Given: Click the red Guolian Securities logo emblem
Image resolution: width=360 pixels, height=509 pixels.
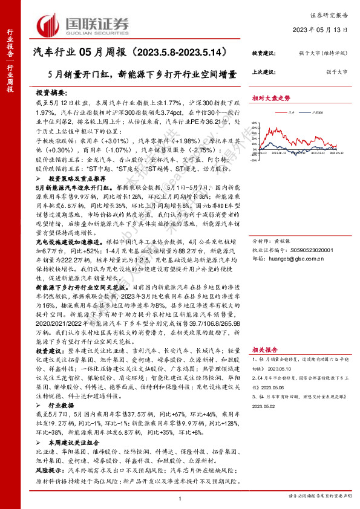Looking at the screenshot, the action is pos(47,24).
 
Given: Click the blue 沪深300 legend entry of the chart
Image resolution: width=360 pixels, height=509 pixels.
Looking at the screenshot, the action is pos(313,112).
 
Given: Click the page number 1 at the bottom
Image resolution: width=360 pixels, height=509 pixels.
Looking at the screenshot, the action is pos(180,498).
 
